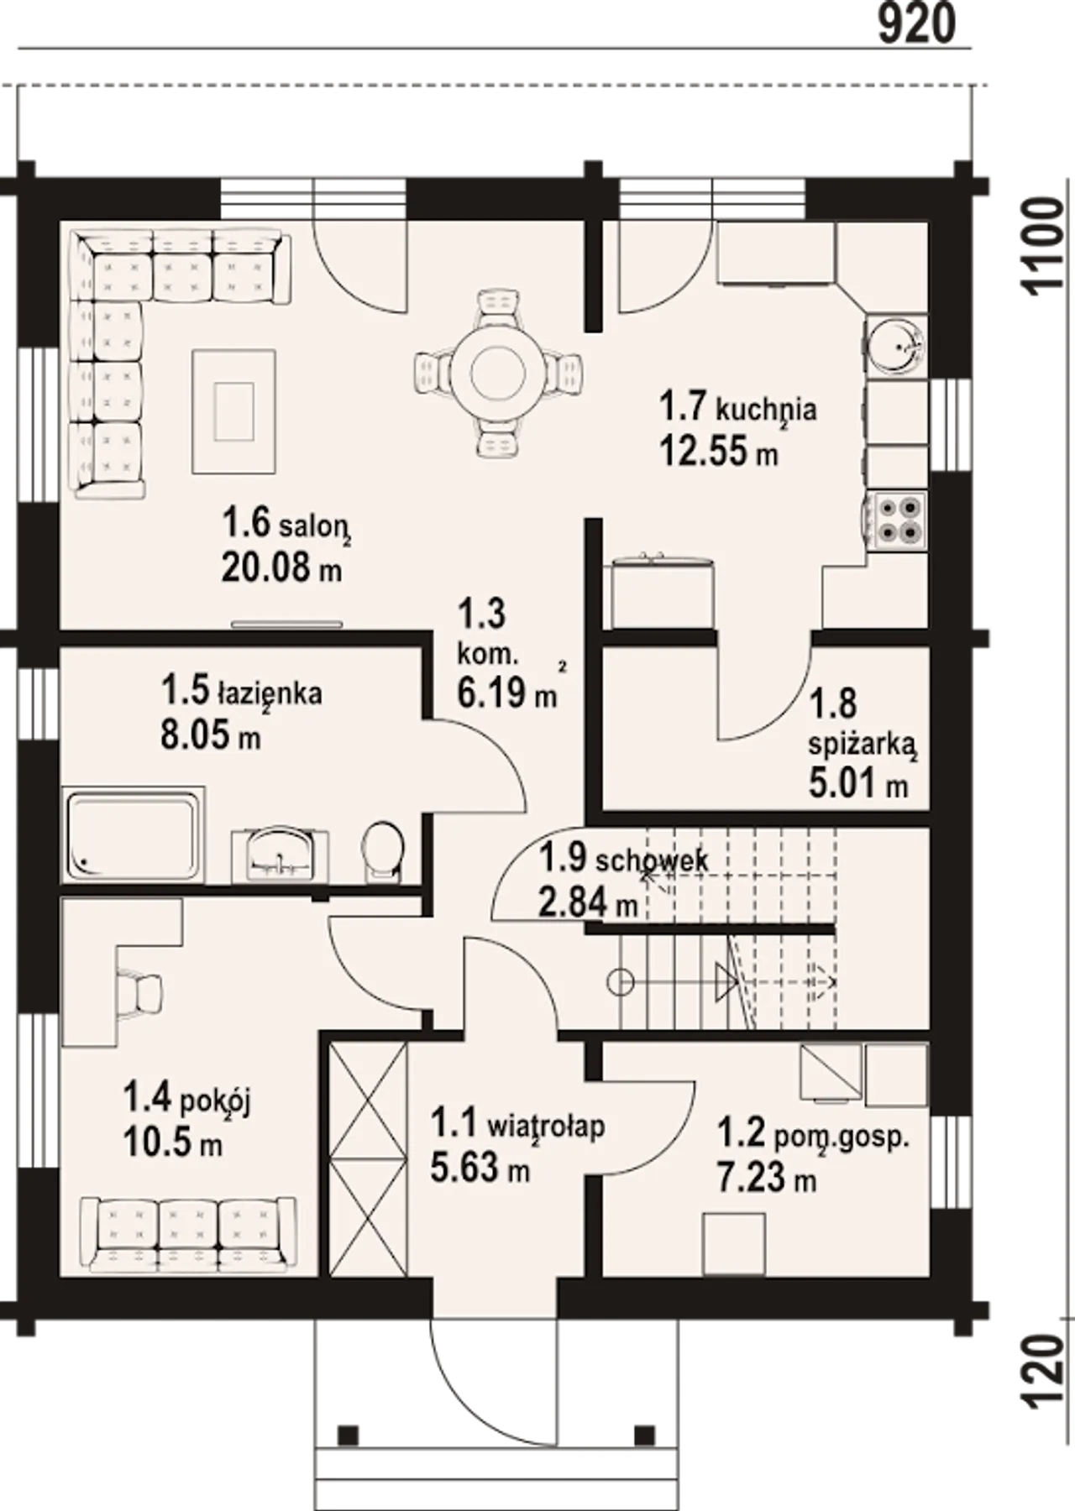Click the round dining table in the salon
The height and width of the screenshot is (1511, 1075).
(498, 374)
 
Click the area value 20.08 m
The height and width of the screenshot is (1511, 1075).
(282, 568)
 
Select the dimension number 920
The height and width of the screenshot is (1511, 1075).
(916, 24)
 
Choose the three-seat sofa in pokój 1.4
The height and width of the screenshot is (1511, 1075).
(188, 1234)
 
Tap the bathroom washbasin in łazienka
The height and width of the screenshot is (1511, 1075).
(280, 855)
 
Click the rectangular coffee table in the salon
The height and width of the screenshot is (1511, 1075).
(233, 411)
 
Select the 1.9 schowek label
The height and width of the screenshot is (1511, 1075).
(623, 859)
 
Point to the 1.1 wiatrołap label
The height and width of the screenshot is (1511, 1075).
(517, 1123)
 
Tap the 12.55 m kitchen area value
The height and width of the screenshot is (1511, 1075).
(719, 452)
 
